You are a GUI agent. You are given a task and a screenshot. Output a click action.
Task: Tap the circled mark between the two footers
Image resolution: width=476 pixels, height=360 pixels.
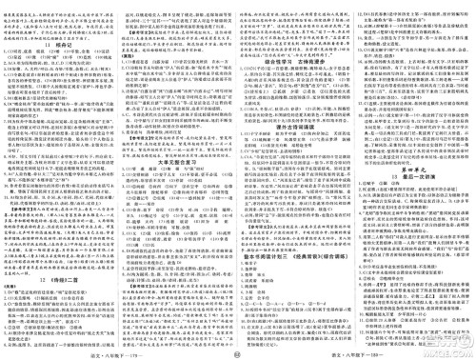point(237,351)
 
